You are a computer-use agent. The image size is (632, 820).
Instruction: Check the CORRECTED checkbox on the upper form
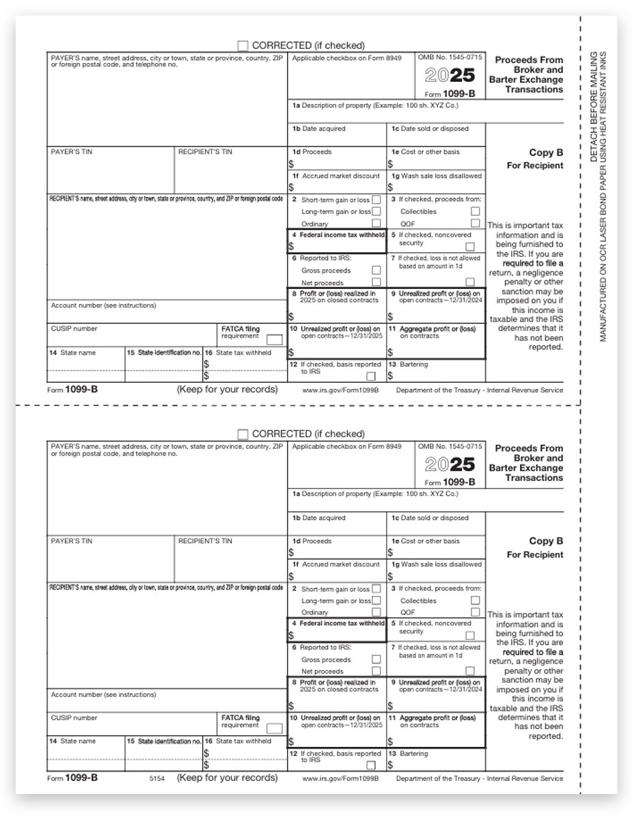243,46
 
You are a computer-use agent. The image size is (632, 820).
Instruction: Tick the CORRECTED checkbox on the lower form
243,435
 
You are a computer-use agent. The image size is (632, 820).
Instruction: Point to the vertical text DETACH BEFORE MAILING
593,107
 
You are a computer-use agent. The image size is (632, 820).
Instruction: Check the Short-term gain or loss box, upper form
376,200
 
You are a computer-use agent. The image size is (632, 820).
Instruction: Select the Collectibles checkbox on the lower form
475,601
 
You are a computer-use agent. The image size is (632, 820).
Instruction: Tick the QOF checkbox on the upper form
475,223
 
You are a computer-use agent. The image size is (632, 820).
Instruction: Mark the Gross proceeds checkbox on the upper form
376,271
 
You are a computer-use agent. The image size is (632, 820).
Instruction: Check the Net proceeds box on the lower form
376,672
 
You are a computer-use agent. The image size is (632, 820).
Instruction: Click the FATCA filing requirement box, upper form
274,340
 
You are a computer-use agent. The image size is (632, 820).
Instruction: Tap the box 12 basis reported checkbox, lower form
371,765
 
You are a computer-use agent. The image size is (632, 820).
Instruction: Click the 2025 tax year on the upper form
450,76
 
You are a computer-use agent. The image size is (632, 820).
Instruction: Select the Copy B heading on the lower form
545,541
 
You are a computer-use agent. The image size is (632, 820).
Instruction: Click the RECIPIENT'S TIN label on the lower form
205,541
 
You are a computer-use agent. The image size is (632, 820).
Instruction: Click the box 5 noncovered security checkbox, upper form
469,247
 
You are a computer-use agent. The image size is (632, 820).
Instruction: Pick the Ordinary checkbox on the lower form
376,612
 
